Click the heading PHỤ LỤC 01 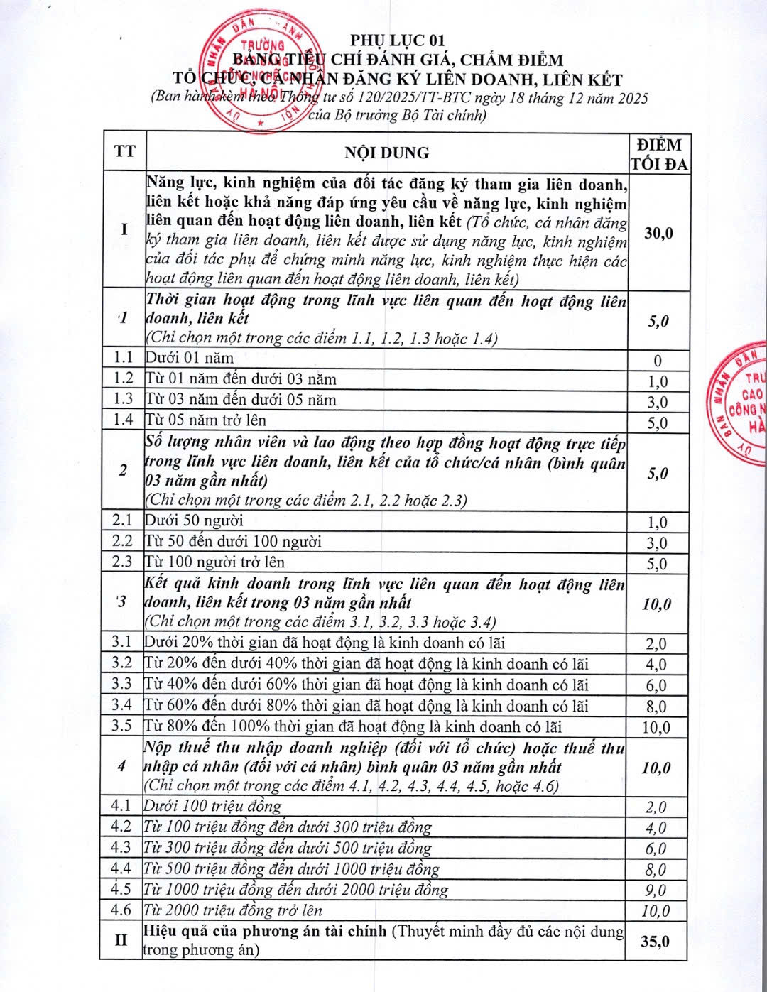pos(397,40)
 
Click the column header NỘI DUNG pos(387,153)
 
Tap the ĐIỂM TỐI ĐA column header pos(659,154)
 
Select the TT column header pos(124,152)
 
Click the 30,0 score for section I pos(658,233)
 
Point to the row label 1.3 pos(123,399)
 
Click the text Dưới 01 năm pos(190,358)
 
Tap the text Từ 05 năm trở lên pos(206,420)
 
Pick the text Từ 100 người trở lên pos(215,562)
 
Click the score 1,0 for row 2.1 pos(658,523)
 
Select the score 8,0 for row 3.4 pos(657,707)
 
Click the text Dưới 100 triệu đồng pos(213,806)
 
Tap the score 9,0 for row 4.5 pos(656,890)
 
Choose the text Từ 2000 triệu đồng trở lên pos(233,910)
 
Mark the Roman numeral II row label pos(121,940)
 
